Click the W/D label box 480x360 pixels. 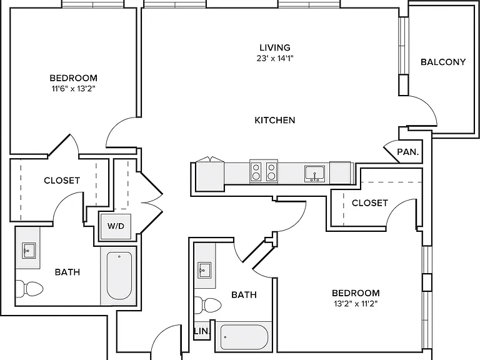[116, 226]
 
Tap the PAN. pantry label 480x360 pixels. [407, 152]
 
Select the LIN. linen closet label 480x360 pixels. [202, 331]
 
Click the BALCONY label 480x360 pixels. [443, 62]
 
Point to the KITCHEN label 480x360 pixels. [275, 120]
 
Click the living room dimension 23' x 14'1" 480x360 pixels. [275, 59]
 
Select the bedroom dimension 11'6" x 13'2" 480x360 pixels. [74, 89]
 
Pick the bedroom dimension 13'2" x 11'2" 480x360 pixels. [356, 304]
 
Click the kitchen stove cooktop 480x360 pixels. [264, 171]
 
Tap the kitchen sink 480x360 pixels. [315, 174]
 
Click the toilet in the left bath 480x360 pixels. [29, 288]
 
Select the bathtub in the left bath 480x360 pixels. [119, 276]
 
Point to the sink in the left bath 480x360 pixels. [29, 251]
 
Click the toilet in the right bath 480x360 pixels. [207, 305]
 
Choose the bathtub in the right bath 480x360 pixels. [244, 337]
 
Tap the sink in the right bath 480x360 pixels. [204, 270]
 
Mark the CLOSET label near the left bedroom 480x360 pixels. [62, 181]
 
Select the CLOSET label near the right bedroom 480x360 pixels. [370, 203]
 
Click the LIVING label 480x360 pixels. [275, 47]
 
